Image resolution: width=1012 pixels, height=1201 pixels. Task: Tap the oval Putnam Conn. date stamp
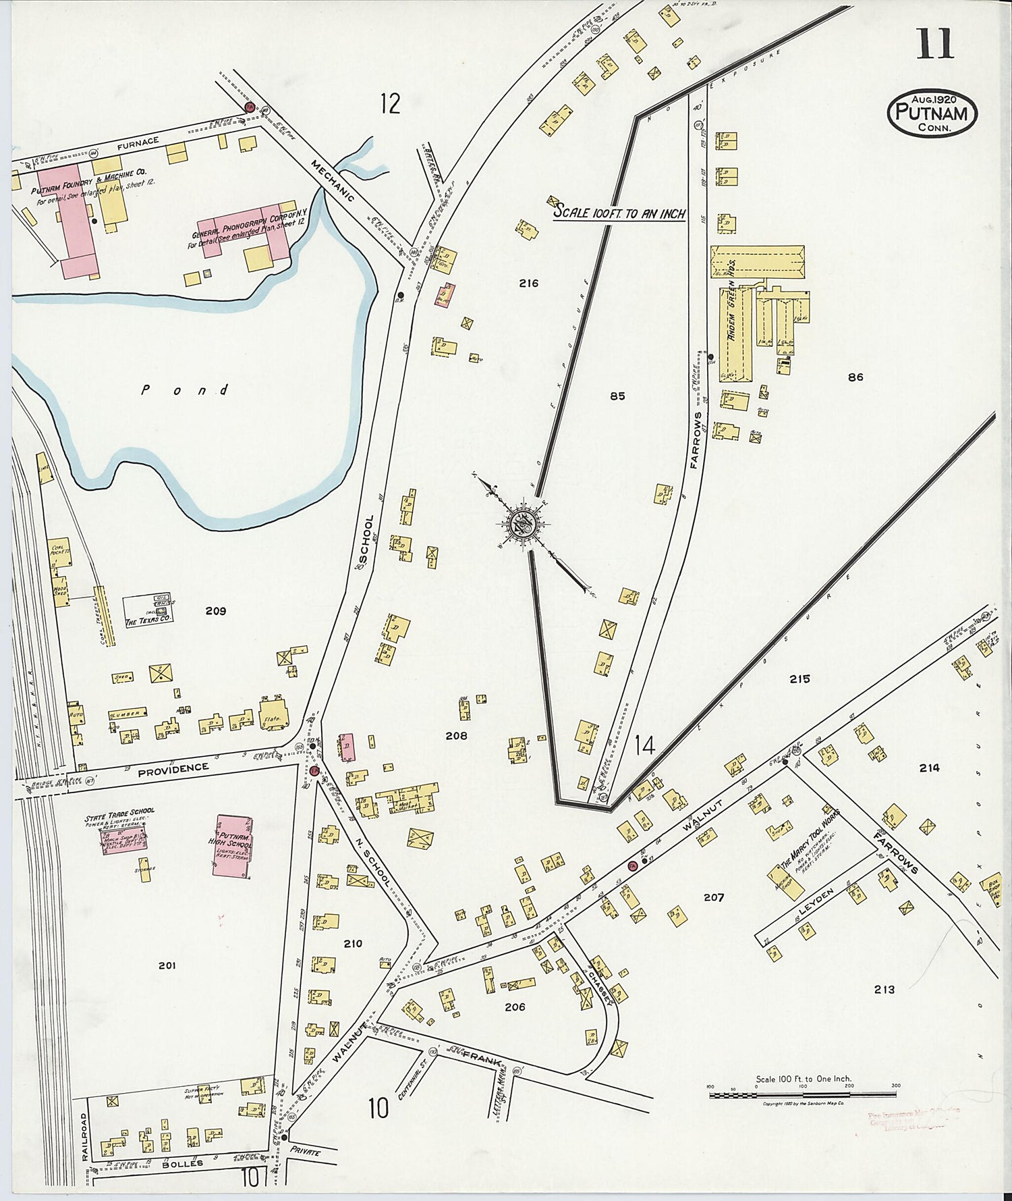click(932, 113)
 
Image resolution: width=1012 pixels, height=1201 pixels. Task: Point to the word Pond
click(186, 390)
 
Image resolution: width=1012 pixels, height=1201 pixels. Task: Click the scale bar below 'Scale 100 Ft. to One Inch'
click(803, 1094)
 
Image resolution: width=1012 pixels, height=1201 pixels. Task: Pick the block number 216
click(529, 284)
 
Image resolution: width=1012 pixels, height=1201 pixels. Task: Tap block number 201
click(167, 966)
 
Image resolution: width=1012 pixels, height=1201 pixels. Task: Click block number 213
click(884, 990)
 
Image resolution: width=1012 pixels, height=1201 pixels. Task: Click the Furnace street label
click(137, 141)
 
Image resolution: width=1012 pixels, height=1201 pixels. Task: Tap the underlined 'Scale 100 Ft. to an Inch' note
click(619, 212)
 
